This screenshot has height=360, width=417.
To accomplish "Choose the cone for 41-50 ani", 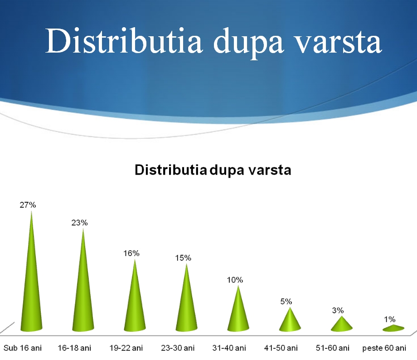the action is (290, 322).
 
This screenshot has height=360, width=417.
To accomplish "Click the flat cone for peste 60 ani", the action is (393, 328).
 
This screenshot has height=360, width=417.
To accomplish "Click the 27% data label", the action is (28, 205).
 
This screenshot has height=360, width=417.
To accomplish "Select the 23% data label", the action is (79, 223).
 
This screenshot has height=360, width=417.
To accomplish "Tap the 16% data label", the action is (131, 253).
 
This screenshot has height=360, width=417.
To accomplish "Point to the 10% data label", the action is (235, 280).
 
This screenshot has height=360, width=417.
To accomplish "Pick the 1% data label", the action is (390, 319).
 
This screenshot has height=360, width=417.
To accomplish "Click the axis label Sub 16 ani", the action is (23, 348).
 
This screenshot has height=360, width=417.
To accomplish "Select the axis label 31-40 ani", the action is (229, 348).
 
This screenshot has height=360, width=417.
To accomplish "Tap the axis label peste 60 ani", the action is (384, 348).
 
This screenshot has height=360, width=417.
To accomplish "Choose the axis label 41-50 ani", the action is (281, 348).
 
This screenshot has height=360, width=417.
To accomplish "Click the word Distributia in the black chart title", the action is (171, 170).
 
